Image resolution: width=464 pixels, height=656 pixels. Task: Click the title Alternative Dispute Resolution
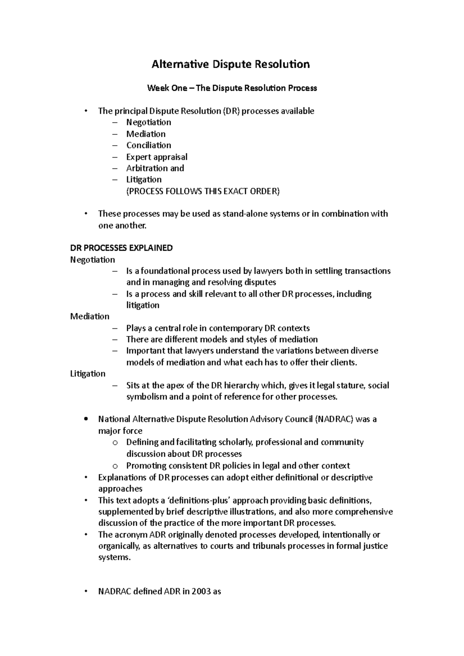[x=230, y=64]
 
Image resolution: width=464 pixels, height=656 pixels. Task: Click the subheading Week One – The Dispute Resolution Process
[x=232, y=88]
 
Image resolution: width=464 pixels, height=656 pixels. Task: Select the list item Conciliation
[x=148, y=145]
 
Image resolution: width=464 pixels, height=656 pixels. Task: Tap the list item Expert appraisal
[x=157, y=157]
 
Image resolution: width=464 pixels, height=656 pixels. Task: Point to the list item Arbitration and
[x=155, y=168]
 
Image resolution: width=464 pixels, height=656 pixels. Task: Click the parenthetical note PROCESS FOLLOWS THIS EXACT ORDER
[x=203, y=191]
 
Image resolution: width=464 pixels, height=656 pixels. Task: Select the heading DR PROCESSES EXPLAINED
[x=121, y=248]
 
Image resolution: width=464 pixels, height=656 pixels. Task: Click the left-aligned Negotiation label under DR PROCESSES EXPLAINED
[x=92, y=260]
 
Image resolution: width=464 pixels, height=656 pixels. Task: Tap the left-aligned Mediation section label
[x=90, y=316]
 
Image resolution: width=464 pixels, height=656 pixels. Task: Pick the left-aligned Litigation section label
[x=88, y=374]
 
